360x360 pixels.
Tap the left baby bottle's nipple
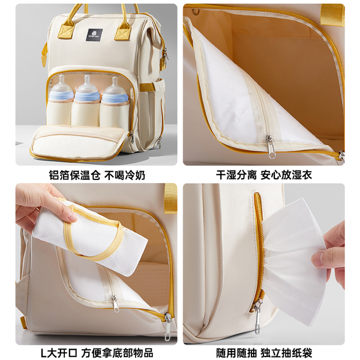(62, 82)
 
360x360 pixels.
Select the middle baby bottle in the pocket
(87, 100)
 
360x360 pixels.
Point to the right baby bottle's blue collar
(115, 98)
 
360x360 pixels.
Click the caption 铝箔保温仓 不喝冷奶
(97, 175)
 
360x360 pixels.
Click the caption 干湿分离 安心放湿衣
(264, 175)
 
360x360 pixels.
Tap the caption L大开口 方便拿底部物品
(97, 353)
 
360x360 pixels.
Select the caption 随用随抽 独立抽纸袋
(264, 353)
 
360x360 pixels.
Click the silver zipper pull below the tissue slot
(258, 317)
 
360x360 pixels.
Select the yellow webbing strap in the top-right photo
(332, 15)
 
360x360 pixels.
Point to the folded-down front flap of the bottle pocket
(79, 143)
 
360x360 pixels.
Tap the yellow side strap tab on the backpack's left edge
(44, 55)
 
